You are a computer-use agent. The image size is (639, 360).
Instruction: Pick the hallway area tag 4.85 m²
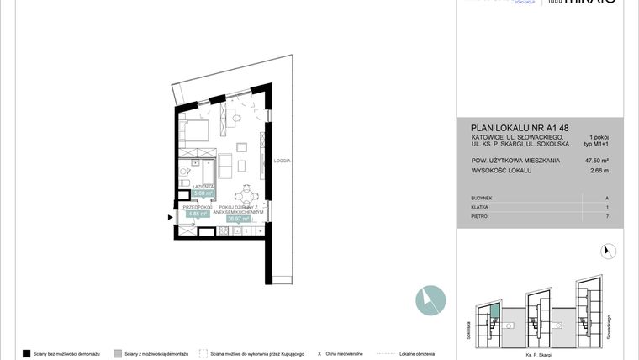click(x=198, y=214)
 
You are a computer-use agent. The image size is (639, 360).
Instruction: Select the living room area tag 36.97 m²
click(x=239, y=219)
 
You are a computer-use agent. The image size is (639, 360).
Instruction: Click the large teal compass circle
click(x=430, y=300)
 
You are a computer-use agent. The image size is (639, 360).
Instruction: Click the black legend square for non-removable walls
click(x=27, y=353)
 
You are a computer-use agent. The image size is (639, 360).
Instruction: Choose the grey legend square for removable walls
click(x=118, y=353)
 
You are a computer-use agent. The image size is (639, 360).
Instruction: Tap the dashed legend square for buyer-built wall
click(x=203, y=353)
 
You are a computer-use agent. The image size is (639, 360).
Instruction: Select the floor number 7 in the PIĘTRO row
click(x=606, y=216)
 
